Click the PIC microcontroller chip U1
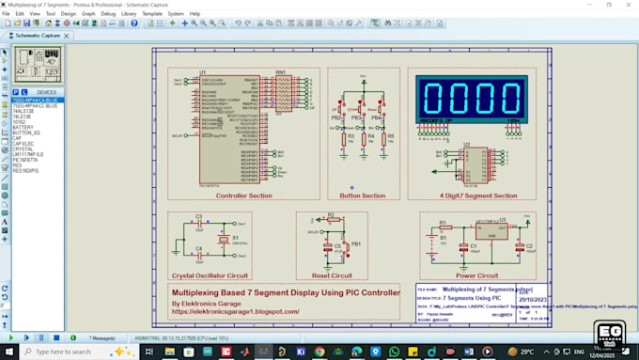(x=222, y=132)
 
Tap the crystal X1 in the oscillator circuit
(x=224, y=241)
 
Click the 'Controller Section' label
(x=243, y=196)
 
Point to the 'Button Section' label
(x=362, y=196)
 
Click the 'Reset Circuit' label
(x=332, y=275)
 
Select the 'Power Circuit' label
(x=477, y=275)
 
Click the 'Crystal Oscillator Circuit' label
(x=209, y=275)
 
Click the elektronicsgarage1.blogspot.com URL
(x=229, y=311)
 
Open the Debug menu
(x=107, y=14)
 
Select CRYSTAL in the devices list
(x=23, y=149)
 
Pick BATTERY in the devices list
(x=23, y=127)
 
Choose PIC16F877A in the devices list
(x=25, y=160)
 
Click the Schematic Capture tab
(x=37, y=35)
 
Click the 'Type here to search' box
(x=70, y=352)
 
